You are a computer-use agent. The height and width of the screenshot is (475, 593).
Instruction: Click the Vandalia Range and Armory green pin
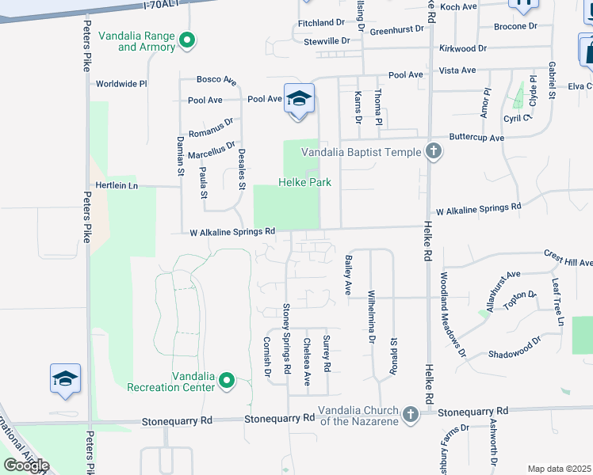click(x=187, y=40)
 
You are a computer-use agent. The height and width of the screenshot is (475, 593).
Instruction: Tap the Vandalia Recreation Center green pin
click(x=227, y=381)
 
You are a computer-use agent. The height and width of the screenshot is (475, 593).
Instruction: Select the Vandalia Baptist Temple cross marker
click(x=432, y=151)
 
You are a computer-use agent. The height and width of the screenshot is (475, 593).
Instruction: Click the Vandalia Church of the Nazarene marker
click(x=410, y=414)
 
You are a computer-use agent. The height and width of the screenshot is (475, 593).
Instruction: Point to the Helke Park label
click(x=304, y=183)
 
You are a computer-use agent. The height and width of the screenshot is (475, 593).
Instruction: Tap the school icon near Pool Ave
click(x=298, y=100)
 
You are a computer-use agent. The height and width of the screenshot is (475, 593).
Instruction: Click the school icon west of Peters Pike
click(x=66, y=378)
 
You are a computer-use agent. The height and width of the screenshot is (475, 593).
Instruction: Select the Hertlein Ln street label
click(x=117, y=185)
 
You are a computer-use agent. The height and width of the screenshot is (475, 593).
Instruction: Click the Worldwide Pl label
click(x=121, y=84)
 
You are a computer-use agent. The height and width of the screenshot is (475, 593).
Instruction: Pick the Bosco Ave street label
click(x=216, y=80)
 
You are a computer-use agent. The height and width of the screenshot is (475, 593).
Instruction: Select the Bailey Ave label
click(x=347, y=275)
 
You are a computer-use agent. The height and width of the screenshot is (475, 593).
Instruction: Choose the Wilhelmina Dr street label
click(x=371, y=317)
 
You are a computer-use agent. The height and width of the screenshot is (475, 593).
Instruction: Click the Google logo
click(x=26, y=465)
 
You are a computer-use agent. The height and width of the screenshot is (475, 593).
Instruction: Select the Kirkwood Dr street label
click(x=462, y=48)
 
